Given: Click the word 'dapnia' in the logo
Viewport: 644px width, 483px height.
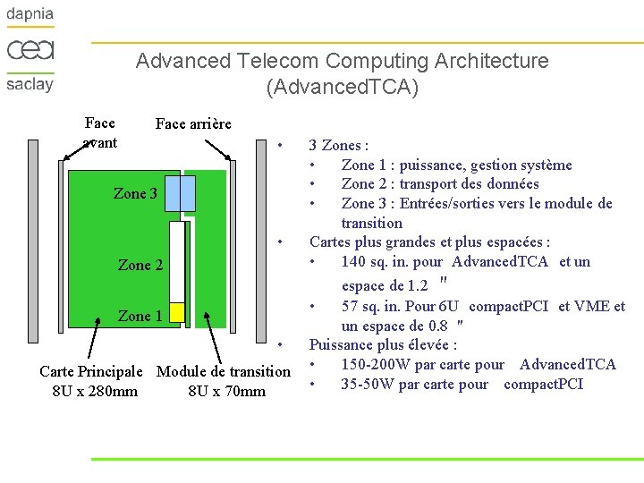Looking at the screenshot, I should (30, 14).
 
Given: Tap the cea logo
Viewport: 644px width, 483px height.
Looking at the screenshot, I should (30, 49).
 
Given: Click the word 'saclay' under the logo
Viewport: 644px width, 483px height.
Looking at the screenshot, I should (30, 84).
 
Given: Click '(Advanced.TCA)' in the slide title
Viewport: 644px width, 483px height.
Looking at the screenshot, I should (342, 88).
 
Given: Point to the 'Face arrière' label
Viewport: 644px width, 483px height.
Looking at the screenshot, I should (193, 123).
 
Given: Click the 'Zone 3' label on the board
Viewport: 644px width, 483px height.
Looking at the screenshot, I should (135, 193).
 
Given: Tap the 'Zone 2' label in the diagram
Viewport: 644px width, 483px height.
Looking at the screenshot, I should (140, 265).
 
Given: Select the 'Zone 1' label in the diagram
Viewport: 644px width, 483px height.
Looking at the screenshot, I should (140, 316).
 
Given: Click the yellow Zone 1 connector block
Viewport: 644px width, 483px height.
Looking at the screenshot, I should (176, 312).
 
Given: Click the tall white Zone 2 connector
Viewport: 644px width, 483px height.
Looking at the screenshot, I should (176, 260).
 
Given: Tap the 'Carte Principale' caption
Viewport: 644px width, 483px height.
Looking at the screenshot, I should (91, 371).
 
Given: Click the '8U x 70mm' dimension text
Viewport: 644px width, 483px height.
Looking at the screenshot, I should (227, 391).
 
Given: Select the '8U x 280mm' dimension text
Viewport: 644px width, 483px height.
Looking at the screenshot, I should (95, 391).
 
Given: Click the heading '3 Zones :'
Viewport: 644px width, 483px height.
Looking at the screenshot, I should (339, 145).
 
